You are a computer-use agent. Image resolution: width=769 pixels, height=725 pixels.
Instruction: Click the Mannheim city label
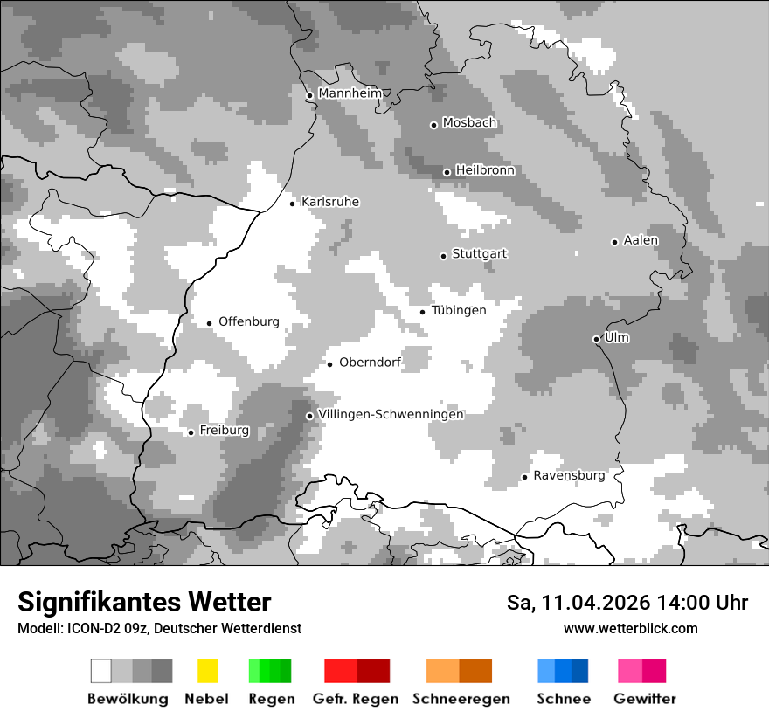click(x=350, y=93)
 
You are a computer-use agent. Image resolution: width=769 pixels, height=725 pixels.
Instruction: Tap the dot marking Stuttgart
click(x=443, y=256)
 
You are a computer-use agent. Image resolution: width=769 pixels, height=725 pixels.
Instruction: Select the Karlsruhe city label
click(x=329, y=202)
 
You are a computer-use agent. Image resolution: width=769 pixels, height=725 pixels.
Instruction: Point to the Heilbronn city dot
click(x=447, y=172)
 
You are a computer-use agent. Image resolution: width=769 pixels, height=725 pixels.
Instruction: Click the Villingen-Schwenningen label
click(x=391, y=414)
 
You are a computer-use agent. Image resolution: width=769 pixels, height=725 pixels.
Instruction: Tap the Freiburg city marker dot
click(x=191, y=432)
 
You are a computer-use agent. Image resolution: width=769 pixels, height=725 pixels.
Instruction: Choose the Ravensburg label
click(x=569, y=475)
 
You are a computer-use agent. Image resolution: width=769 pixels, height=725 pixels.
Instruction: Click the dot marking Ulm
click(x=596, y=339)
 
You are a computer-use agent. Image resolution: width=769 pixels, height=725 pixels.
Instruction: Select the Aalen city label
click(x=641, y=240)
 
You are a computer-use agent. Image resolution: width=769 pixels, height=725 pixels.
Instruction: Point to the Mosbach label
click(x=469, y=123)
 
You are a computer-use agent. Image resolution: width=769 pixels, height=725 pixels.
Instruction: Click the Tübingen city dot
click(x=423, y=312)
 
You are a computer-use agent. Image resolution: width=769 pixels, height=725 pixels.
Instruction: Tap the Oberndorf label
click(x=370, y=362)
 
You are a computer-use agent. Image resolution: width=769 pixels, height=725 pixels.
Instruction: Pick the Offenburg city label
click(x=248, y=321)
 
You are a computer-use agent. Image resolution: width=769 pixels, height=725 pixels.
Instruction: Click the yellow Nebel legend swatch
click(x=207, y=671)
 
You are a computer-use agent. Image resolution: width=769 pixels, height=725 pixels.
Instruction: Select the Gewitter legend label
click(x=644, y=699)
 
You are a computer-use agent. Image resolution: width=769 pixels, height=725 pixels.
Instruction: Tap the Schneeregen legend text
click(x=461, y=699)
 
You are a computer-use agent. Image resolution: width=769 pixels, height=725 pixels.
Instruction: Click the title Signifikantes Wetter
click(x=144, y=602)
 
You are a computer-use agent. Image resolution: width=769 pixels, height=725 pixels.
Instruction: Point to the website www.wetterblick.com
click(x=630, y=628)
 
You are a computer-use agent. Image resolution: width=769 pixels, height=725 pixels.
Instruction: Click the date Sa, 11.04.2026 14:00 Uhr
click(x=627, y=603)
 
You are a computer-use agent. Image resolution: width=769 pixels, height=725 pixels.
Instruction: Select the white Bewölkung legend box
click(x=101, y=671)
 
